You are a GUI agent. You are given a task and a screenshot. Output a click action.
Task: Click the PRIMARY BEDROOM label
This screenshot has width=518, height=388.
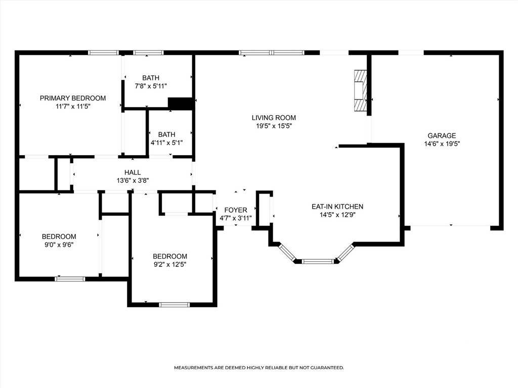coord(73,98)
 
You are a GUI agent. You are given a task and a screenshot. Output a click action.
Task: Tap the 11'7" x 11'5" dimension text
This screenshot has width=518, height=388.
coord(73,107)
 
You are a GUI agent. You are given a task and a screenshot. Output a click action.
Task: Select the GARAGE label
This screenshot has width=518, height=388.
coord(442,135)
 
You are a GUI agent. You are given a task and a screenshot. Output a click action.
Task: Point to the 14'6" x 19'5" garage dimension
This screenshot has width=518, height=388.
coord(442,144)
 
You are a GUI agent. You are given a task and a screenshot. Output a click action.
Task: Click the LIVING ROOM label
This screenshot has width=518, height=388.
coord(274,117)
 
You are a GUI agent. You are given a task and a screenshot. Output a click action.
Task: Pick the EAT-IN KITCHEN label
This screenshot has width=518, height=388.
coord(337,207)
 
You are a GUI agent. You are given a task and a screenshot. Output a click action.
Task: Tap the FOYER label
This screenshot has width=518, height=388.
coord(236,210)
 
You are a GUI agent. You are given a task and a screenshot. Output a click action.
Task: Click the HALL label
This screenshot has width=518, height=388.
coord(133,172)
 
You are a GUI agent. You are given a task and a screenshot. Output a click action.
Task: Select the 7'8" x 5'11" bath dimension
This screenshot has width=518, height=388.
coord(151,86)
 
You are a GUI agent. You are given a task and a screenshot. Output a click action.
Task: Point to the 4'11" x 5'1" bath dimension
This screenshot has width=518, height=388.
coord(166,143)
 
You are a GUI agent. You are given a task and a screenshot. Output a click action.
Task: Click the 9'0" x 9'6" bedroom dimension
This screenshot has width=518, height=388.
coord(59,245)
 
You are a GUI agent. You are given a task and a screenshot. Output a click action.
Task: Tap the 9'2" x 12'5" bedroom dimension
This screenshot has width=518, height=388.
coord(170,265)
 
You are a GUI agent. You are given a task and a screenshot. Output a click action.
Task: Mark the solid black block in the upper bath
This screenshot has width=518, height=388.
coord(181,103)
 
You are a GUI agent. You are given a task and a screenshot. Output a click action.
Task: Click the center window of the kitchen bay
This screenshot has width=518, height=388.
coord(317,261)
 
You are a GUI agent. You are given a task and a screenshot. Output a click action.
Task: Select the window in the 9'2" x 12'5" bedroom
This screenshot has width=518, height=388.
coord(175,305)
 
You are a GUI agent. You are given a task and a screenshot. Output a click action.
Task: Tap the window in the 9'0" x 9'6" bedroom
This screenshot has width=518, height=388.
coord(70,279)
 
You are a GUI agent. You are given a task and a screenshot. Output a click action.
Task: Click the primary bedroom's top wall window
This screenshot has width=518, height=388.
coord(103,53)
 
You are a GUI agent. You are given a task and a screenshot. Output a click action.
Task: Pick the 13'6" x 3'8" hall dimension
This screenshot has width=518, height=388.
coord(133,181)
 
